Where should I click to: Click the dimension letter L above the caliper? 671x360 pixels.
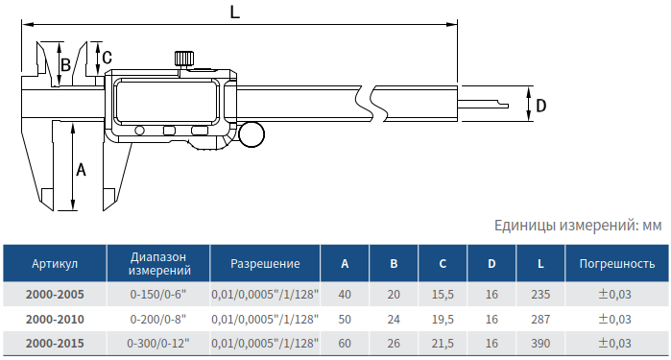(x=235, y=12)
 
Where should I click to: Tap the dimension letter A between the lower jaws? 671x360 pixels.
(x=81, y=170)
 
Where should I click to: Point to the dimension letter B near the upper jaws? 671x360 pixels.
(x=65, y=65)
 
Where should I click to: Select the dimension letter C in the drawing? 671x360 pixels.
(x=107, y=58)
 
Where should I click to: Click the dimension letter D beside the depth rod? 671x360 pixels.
(x=541, y=106)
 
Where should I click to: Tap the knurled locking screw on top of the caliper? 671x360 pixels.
(x=184, y=59)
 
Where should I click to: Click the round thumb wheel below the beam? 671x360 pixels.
(x=252, y=134)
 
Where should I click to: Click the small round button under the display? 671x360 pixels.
(x=139, y=131)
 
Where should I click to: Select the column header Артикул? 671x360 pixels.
(x=55, y=263)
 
